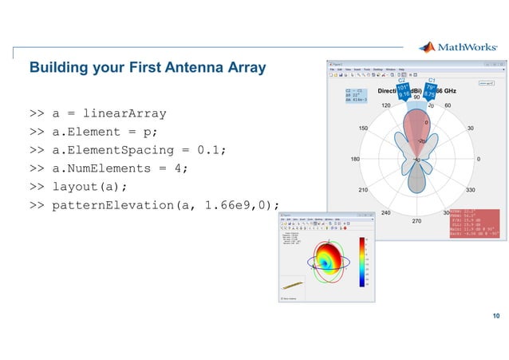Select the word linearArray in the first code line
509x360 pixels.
click(x=120, y=113)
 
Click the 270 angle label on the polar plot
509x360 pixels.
click(x=416, y=220)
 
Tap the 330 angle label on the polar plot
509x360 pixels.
click(x=470, y=190)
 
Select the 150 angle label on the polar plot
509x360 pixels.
click(x=363, y=128)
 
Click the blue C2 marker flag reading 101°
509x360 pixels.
click(x=403, y=90)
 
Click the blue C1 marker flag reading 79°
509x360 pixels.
click(x=430, y=90)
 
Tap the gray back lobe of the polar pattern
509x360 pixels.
click(x=416, y=179)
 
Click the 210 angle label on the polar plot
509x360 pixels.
click(x=363, y=190)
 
